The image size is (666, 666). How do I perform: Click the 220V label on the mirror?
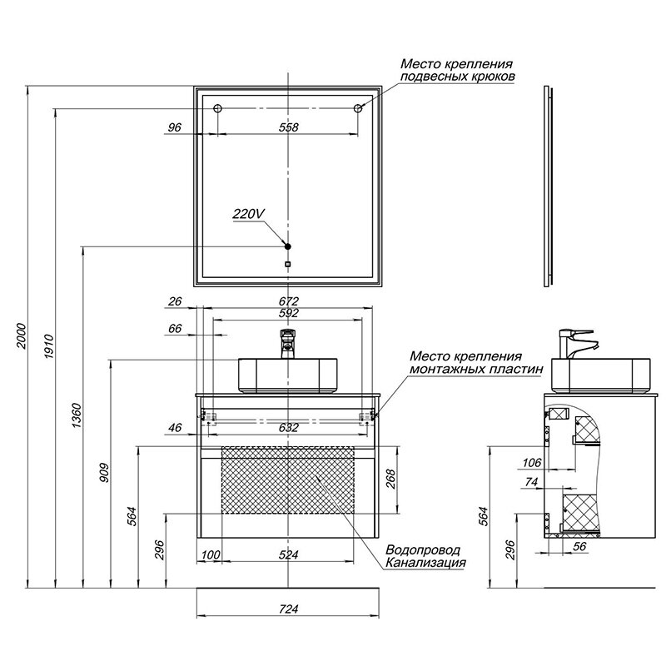248,214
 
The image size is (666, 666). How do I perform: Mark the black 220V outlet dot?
287,246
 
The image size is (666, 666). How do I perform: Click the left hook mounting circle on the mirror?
217,109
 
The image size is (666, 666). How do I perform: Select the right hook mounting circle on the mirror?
359,109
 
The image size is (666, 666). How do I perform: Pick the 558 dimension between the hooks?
288,127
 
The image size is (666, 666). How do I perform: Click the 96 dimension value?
175,127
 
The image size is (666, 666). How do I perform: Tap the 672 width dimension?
288,301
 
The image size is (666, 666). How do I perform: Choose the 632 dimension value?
288,428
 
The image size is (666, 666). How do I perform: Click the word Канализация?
425,564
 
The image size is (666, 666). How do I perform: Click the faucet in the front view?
288,342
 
